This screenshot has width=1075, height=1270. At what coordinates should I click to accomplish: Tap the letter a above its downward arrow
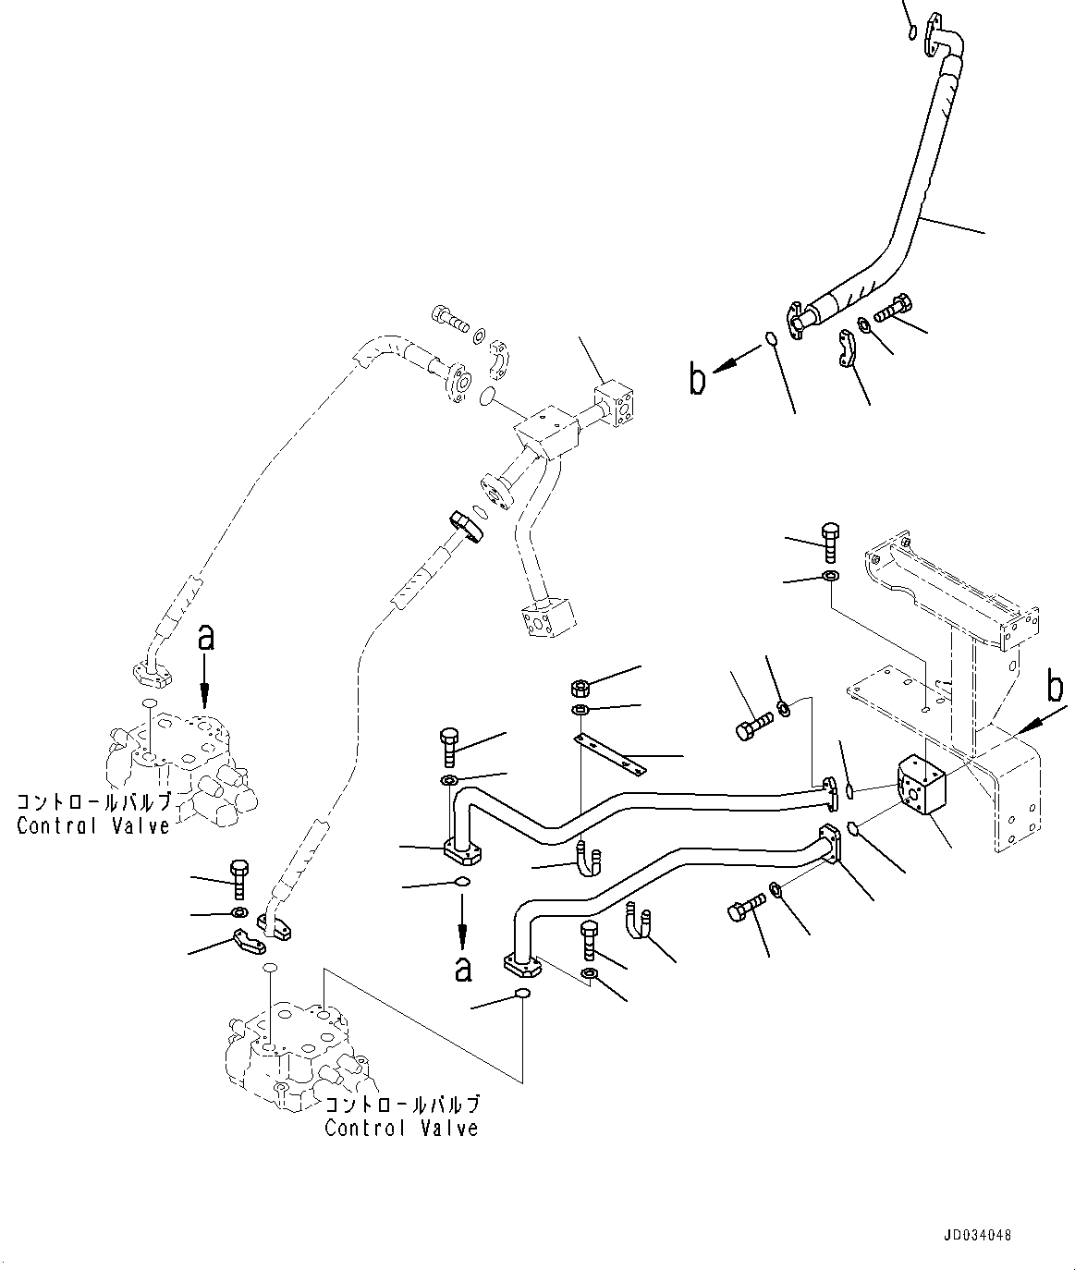(x=206, y=639)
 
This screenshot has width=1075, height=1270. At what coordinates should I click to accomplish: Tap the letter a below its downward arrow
(x=463, y=968)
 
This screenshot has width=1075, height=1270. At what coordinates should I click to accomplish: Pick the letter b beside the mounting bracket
(x=1055, y=688)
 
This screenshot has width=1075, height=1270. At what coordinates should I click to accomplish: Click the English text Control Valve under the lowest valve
(x=401, y=1128)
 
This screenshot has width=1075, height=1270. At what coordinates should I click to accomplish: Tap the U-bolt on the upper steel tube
(x=589, y=858)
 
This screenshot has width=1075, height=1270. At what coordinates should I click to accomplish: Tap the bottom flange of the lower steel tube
(x=525, y=965)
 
